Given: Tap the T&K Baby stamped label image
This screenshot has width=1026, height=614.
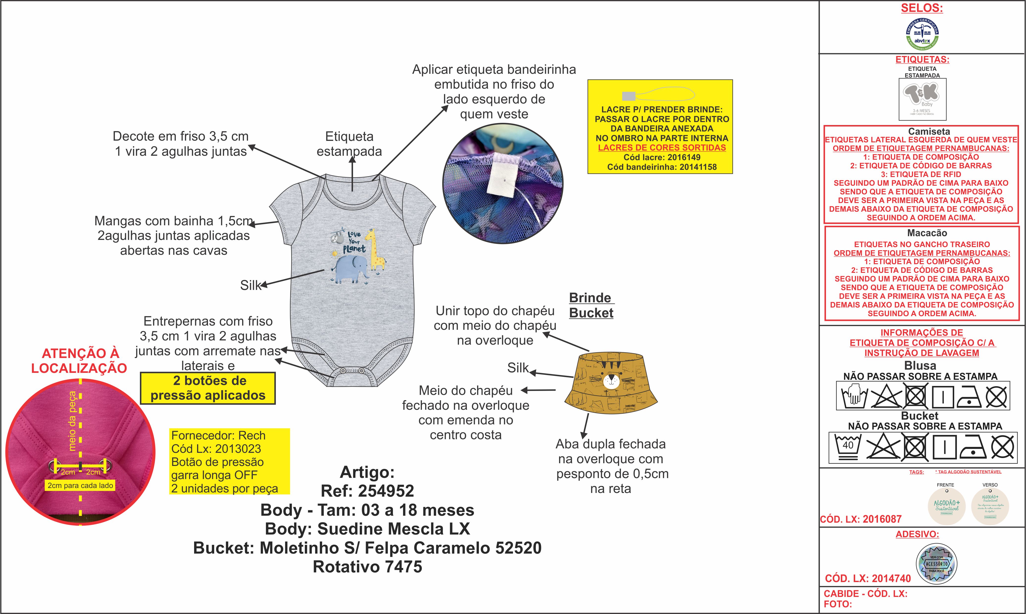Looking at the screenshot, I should pos(922,99).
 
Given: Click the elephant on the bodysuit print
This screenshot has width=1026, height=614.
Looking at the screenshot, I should pos(351,269).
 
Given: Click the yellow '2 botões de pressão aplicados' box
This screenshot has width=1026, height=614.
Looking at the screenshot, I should pos(208,388).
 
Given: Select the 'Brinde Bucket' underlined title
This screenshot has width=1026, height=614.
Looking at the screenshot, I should pos(591,305).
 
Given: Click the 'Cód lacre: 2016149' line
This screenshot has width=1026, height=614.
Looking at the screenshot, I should pos(662,157).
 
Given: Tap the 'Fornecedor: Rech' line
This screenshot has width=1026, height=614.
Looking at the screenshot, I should pos(218,436).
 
